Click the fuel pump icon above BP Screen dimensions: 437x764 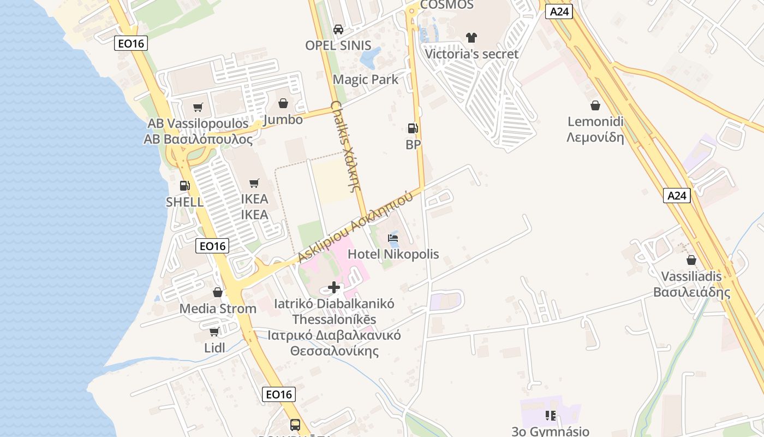[x=413, y=128]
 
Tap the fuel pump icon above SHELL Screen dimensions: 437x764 [x=184, y=186]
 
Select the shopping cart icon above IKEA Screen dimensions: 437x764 [x=254, y=183]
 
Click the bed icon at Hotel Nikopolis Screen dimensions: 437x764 [x=393, y=238]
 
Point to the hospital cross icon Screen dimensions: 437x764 [x=334, y=287]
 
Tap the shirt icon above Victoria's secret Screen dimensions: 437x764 [x=471, y=38]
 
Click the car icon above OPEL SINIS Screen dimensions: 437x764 [x=338, y=29]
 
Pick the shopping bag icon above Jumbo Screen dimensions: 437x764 [x=283, y=103]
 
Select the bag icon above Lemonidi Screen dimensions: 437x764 [x=595, y=105]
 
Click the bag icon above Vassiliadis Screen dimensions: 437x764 [x=691, y=260]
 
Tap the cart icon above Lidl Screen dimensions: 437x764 [x=214, y=332]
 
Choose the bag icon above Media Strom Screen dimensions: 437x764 [x=218, y=293]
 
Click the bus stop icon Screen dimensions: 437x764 [x=295, y=424]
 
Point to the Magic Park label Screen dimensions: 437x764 [x=366, y=80]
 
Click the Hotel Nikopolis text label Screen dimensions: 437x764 [x=393, y=254]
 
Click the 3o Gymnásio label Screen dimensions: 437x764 [x=551, y=431]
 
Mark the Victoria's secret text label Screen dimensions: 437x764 [x=471, y=54]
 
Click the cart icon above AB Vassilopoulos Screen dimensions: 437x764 [x=198, y=108]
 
